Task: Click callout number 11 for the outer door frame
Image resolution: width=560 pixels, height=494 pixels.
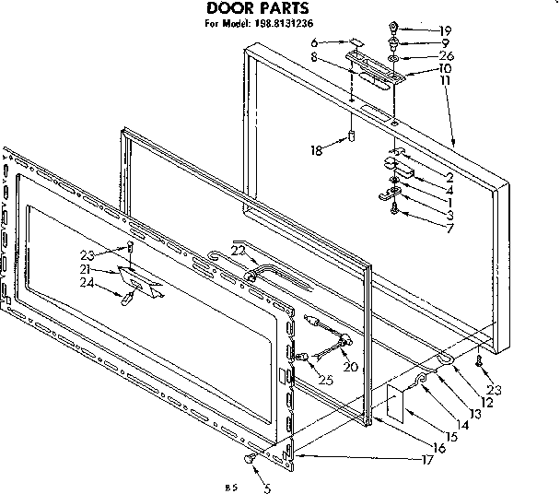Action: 445,80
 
